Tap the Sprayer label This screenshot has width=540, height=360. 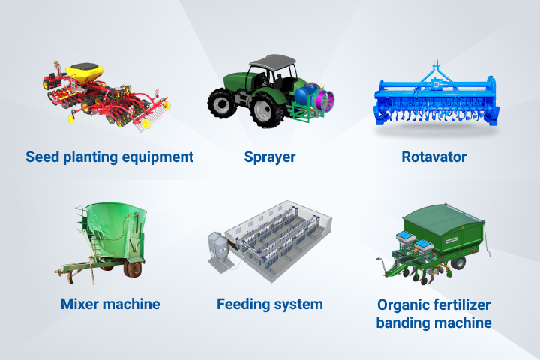(270, 157)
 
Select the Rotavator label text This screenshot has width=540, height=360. (434, 157)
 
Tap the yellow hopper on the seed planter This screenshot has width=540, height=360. (85, 72)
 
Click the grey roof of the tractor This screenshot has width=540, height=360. (272, 61)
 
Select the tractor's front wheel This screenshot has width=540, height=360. (222, 103)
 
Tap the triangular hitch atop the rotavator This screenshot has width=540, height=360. (436, 75)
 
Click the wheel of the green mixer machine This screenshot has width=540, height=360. (133, 269)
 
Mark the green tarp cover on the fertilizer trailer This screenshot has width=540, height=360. (443, 218)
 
